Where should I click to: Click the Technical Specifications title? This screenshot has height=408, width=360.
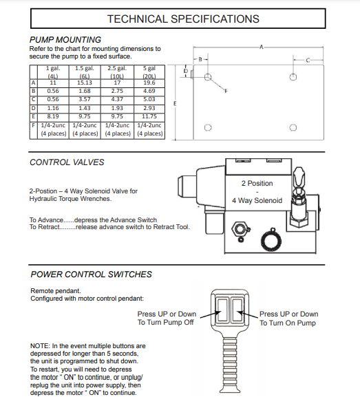pos(183,19)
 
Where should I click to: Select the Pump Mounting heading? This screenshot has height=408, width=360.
pos(65,40)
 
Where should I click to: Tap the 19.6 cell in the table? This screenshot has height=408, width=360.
pos(149,83)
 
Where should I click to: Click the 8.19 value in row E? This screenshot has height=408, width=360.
pos(53,116)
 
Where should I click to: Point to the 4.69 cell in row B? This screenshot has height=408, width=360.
pos(149,91)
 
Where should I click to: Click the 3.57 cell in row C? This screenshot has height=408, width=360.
pos(85,99)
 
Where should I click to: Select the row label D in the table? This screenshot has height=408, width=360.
pos(33,108)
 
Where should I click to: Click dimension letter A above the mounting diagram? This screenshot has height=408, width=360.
pos(262,47)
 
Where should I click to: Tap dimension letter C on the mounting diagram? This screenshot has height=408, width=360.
pos(308,61)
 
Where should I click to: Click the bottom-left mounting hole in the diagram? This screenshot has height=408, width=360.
pos(208,127)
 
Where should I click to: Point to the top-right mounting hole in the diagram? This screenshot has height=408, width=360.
pos(293,77)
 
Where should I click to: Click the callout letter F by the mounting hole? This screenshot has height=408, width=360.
pos(226,91)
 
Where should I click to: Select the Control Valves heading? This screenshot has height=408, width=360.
pos(67,162)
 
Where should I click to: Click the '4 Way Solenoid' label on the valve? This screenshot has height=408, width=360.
pos(257,201)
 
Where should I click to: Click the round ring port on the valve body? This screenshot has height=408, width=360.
pos(271,241)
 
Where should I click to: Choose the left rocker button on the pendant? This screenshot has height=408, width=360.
pos(222,310)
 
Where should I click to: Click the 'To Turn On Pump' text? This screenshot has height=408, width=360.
pos(288,323)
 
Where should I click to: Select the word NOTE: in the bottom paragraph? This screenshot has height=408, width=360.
pos(40,346)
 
